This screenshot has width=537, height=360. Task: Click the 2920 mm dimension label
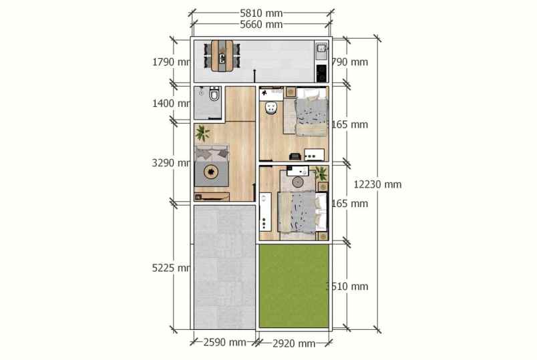pyautogui.click(x=294, y=343)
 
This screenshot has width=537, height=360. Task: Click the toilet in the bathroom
pyautogui.click(x=214, y=96)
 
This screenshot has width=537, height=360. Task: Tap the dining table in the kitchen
pyautogui.click(x=222, y=55)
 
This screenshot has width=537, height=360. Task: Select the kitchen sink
pyautogui.click(x=321, y=49)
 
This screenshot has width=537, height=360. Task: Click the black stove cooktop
pyautogui.click(x=321, y=70)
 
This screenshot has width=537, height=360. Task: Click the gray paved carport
pyautogui.click(x=224, y=267)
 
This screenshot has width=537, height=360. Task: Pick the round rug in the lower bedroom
pyautogui.click(x=299, y=182)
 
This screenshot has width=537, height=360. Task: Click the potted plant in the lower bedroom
pyautogui.click(x=322, y=174)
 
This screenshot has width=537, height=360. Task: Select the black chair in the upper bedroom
pyautogui.click(x=294, y=156)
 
